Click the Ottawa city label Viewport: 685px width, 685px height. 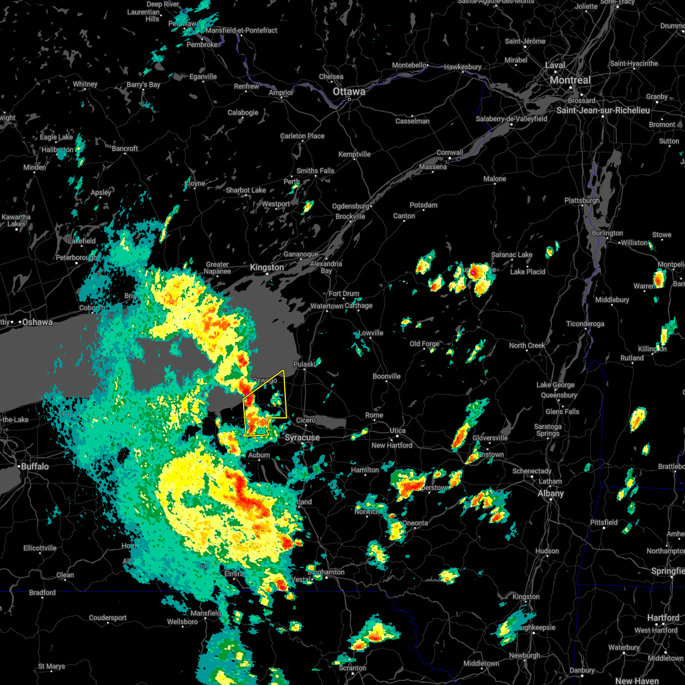point(349,91)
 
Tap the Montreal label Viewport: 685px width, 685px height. point(570,80)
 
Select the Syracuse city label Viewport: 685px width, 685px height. point(302,438)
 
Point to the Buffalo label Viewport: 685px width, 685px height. point(35,466)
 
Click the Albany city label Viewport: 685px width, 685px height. point(550,494)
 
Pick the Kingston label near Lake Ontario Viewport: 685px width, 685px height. point(267,268)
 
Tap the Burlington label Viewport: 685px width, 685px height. point(607,233)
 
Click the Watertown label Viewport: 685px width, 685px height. point(327,307)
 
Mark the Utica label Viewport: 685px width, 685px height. point(398,430)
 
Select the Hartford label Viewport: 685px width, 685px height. point(663,618)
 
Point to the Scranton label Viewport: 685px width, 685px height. point(352,668)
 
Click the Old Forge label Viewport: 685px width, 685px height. point(424,344)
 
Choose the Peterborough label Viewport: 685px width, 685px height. point(76,258)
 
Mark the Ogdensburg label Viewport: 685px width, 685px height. point(350,206)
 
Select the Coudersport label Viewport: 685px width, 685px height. point(108,618)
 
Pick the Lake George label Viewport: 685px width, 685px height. point(555,385)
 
